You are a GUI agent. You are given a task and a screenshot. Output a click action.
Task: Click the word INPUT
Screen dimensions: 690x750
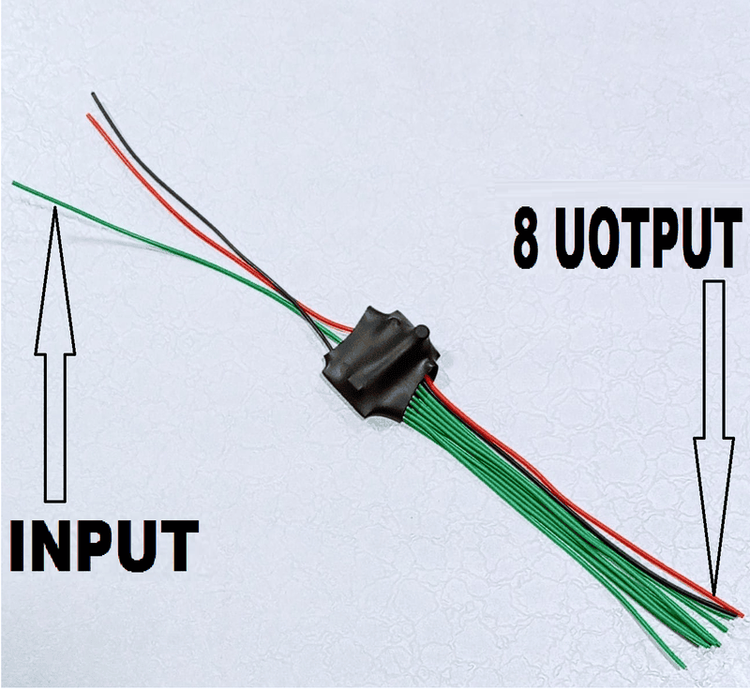102,545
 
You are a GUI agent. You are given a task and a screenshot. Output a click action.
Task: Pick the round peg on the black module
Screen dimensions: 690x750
421,332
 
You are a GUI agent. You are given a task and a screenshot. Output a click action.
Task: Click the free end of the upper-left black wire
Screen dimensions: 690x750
93,94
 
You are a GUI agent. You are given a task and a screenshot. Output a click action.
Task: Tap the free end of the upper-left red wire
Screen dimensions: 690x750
89,116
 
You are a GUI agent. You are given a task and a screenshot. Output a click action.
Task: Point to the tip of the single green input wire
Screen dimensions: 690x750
15,183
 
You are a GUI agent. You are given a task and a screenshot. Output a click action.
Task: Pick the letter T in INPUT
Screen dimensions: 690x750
178,545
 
